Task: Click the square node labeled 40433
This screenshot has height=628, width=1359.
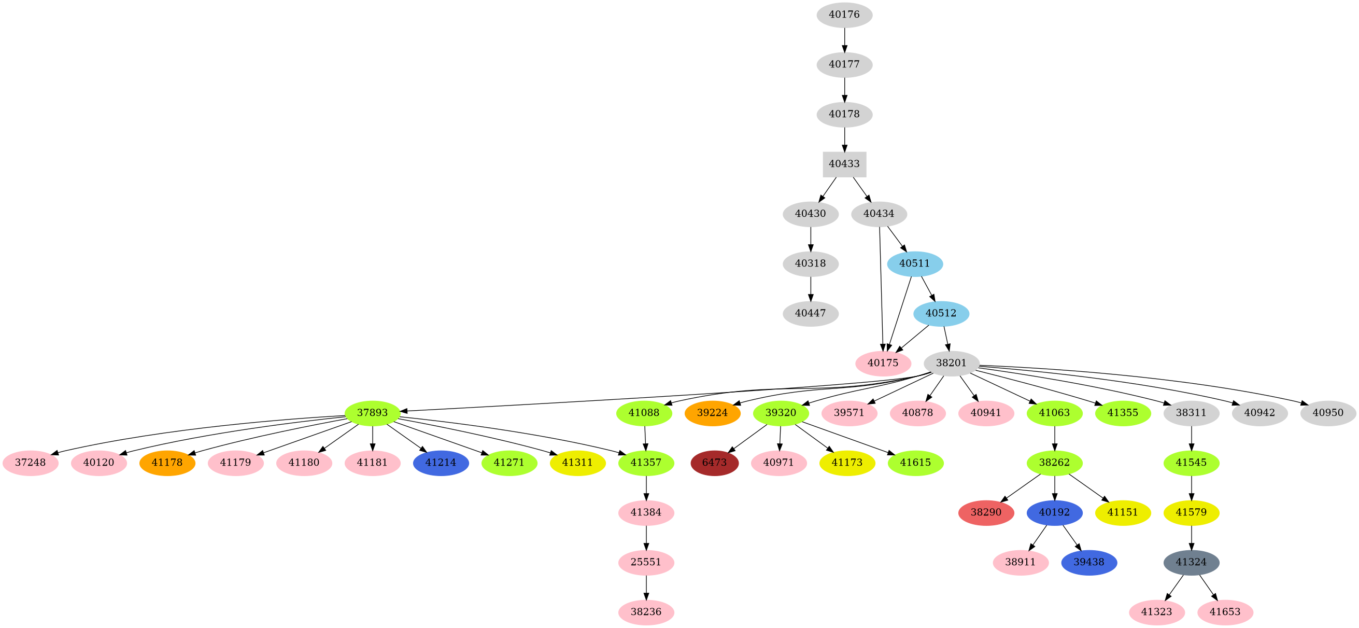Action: pyautogui.click(x=844, y=164)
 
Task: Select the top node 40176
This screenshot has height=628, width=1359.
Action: pyautogui.click(x=844, y=15)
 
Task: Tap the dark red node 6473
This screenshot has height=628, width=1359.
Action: pyautogui.click(x=714, y=463)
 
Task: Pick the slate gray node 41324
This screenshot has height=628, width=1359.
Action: pyautogui.click(x=1191, y=562)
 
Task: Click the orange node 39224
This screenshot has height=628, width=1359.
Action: pyautogui.click(x=712, y=413)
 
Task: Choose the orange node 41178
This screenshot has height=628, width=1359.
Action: pyautogui.click(x=167, y=463)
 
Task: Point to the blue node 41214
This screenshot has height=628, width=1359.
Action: pyautogui.click(x=441, y=463)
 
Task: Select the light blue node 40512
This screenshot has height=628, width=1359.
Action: pyautogui.click(x=941, y=313)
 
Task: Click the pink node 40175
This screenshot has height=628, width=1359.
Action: pyautogui.click(x=883, y=363)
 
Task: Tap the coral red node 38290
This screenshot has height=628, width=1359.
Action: pyautogui.click(x=986, y=512)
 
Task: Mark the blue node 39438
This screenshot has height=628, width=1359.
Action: pyautogui.click(x=1089, y=562)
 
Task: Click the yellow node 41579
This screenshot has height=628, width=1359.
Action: pyautogui.click(x=1191, y=512)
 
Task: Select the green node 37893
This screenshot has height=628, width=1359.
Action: pyautogui.click(x=373, y=413)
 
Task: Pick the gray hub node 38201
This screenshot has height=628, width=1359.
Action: pyautogui.click(x=951, y=363)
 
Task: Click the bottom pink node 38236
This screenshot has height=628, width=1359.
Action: pyautogui.click(x=646, y=612)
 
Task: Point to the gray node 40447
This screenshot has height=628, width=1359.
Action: pyautogui.click(x=810, y=313)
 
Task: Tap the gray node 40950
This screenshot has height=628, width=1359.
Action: pyautogui.click(x=1328, y=413)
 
